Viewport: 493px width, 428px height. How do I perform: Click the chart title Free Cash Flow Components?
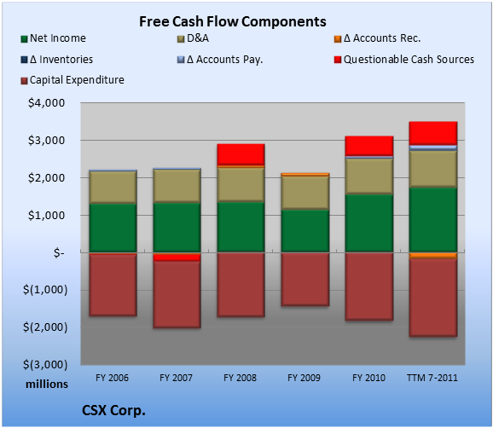point(233,21)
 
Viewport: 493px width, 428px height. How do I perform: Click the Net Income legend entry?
point(54,38)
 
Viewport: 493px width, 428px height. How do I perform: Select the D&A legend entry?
point(193,38)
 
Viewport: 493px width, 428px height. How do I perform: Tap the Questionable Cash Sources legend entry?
point(404,60)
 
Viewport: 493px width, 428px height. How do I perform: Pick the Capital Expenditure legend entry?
point(72,80)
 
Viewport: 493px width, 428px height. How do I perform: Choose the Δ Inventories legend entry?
point(57,60)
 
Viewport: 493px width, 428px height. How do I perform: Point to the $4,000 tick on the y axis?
point(47,103)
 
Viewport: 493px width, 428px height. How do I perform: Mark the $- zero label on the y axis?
point(59,252)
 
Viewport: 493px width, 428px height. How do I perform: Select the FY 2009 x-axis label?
point(304,378)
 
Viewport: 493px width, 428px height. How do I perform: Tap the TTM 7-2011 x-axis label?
point(432,378)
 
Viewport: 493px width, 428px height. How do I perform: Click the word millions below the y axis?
point(47,384)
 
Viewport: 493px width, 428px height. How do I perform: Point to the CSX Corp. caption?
point(113,410)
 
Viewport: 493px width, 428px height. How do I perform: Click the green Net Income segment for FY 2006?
point(113,228)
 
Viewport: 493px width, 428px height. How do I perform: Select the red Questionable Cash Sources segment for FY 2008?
point(241,154)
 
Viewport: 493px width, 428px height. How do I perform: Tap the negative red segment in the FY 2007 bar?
point(177,257)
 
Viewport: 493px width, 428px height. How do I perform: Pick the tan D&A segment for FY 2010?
point(369,176)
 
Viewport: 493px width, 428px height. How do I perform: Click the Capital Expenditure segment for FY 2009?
point(305,279)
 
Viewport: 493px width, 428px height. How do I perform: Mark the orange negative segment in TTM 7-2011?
point(433,256)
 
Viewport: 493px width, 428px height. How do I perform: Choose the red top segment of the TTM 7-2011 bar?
point(433,133)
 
